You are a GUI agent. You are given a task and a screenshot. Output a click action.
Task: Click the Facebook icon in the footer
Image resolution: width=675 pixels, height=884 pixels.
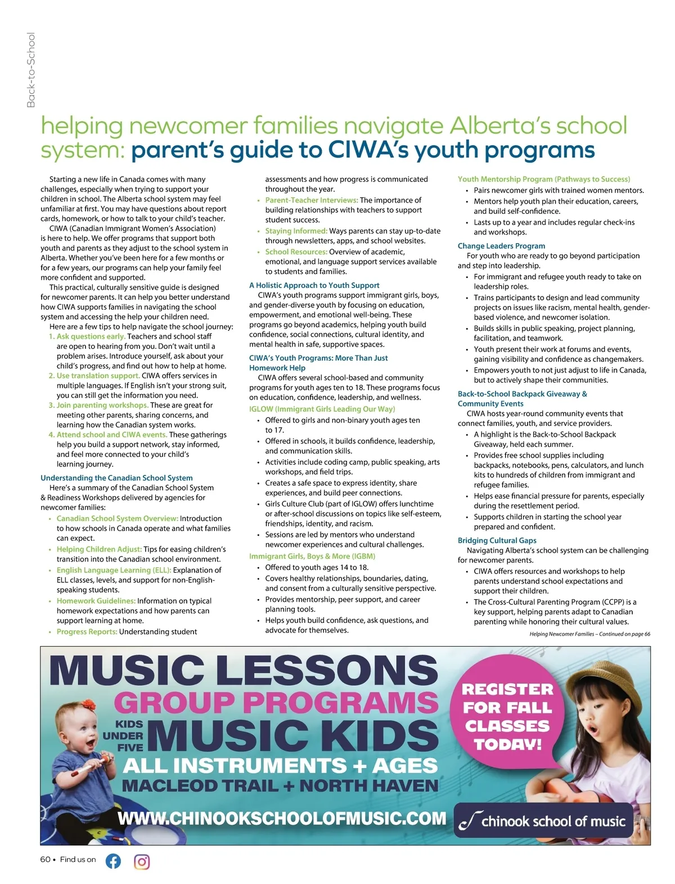[113, 861]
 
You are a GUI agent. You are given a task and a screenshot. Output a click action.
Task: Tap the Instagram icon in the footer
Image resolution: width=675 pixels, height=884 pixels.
[142, 861]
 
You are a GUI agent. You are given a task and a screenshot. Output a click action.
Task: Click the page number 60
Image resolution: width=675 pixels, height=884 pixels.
[45, 859]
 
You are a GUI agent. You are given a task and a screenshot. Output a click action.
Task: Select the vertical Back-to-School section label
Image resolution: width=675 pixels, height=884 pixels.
[31, 70]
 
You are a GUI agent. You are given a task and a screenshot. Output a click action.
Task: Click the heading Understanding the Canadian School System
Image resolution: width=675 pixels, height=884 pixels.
[116, 478]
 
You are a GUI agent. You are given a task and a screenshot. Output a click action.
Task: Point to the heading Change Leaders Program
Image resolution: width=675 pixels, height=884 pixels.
[501, 246]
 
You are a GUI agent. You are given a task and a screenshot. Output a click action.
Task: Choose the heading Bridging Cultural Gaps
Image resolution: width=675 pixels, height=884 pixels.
[497, 540]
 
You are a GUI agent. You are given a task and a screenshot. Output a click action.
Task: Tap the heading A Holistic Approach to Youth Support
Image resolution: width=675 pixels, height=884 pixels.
[314, 285]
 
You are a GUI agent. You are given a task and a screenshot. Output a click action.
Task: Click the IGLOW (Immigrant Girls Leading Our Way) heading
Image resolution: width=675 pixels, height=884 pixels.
[322, 409]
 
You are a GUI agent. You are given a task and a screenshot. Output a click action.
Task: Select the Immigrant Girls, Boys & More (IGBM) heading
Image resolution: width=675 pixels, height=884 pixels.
[312, 556]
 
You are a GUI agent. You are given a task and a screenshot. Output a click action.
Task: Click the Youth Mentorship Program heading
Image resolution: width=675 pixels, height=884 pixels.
[543, 179]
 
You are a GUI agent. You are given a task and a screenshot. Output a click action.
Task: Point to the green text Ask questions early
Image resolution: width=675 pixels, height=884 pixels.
[91, 336]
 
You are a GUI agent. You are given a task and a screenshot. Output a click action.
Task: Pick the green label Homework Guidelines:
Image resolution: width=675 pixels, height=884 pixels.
[96, 601]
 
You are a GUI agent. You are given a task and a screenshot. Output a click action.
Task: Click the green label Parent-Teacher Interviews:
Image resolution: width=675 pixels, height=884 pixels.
[312, 200]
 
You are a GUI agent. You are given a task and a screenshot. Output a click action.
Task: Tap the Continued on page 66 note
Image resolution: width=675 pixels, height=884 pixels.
[589, 634]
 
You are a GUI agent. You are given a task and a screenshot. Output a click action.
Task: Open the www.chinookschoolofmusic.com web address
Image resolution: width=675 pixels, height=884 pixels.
[282, 818]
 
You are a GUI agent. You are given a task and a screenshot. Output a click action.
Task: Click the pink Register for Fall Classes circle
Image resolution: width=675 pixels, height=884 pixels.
[507, 716]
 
